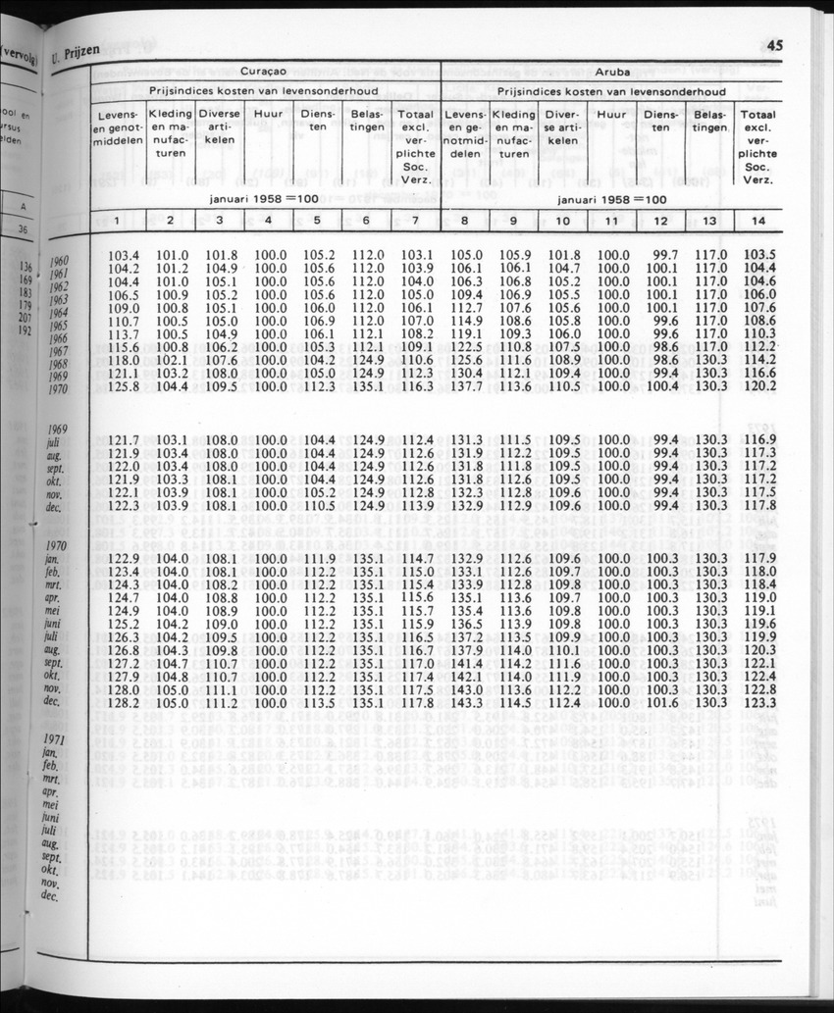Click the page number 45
774,44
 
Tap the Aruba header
611,73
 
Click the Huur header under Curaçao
268,114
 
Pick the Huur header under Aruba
611,114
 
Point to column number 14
757,221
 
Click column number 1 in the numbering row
119,221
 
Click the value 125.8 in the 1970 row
123,387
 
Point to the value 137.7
465,387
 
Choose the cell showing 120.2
759,386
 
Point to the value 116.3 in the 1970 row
417,387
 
